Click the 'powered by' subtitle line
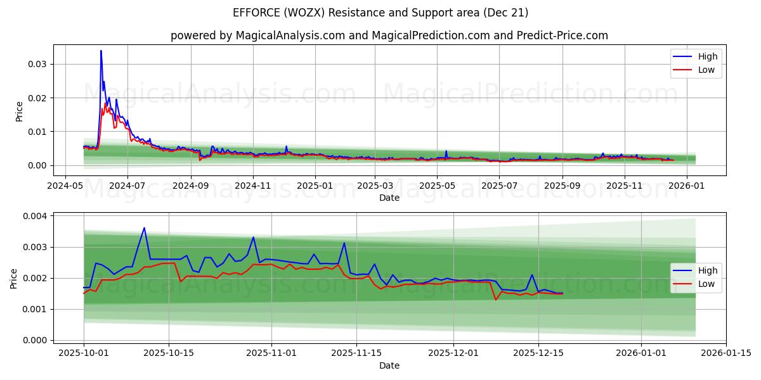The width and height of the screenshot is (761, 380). tap(389, 35)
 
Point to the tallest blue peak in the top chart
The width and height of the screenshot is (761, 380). tap(101, 51)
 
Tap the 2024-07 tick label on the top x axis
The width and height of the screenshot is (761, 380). tap(127, 186)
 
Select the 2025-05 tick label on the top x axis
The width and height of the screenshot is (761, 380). tap(437, 186)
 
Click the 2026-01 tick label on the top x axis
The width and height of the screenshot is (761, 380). tap(687, 186)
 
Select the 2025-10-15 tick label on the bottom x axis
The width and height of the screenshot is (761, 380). tap(169, 353)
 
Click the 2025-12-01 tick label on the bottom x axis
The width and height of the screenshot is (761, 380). tap(453, 353)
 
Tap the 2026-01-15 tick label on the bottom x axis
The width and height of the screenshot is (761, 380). tap(726, 353)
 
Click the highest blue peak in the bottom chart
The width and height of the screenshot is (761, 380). tap(145, 228)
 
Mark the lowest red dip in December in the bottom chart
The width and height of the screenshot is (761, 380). tap(496, 300)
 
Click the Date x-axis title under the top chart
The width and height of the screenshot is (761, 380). tap(389, 198)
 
